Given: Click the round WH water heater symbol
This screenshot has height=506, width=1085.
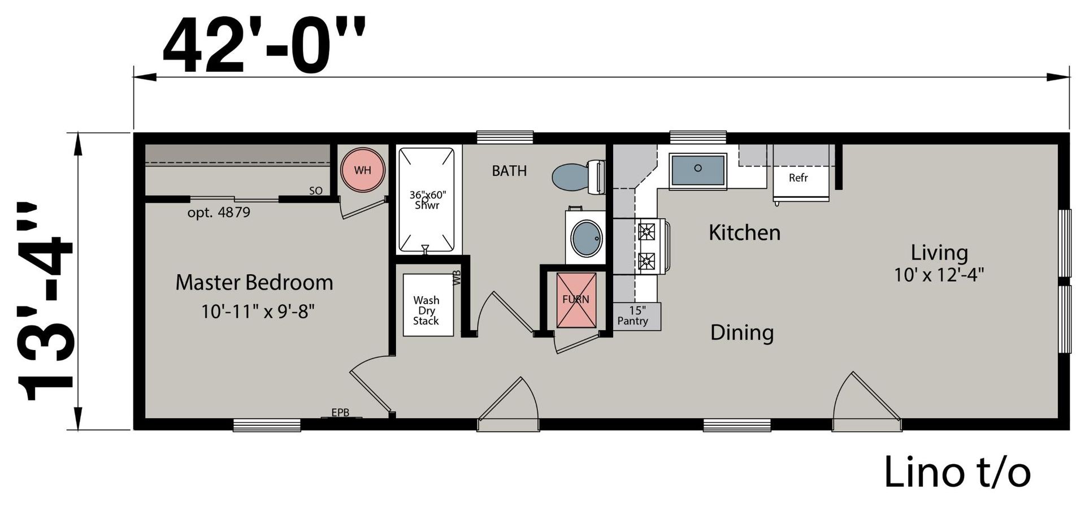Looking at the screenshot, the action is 363,170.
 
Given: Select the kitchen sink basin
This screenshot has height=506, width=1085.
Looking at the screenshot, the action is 698,170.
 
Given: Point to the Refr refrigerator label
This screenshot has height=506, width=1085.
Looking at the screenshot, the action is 798,178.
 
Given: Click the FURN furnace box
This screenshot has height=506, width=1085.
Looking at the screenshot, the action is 576,300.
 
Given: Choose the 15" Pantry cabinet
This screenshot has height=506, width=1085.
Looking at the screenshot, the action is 636,316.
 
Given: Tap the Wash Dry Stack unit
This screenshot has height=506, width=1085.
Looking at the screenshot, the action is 428,305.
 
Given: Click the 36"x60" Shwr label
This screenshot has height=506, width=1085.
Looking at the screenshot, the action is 428,200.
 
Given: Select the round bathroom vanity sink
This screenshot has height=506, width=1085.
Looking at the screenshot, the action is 587,238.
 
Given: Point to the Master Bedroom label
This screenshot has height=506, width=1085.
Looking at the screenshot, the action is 254,282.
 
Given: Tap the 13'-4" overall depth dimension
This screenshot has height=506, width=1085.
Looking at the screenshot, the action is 46,301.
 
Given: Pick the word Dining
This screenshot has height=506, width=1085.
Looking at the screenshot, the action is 742,333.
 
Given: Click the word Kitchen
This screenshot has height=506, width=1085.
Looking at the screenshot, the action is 745,232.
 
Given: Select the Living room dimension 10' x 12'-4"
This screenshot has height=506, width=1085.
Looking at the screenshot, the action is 939,275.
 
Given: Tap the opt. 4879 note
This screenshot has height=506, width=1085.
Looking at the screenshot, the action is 219,213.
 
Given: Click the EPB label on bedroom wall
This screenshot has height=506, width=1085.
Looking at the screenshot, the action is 340,413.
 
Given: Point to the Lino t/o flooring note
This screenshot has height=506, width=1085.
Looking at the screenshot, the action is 957,472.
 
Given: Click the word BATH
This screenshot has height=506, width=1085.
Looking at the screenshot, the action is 509,171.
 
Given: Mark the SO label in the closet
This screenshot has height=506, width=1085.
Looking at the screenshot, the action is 316,191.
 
